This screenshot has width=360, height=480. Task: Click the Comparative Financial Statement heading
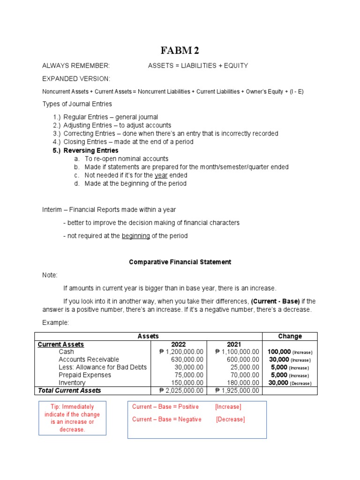180,262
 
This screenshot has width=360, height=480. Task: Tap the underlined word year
161,175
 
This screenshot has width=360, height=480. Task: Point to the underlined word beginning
135,236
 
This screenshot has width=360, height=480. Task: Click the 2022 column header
179,345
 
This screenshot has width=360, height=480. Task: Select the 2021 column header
234,345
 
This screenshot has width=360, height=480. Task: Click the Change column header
290,336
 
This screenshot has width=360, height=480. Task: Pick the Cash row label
66,352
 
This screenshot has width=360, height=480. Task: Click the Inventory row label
72,382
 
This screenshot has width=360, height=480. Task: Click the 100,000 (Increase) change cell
290,352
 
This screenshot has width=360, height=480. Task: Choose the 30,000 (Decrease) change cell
290,383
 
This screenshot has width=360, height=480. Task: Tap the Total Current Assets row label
69,390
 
